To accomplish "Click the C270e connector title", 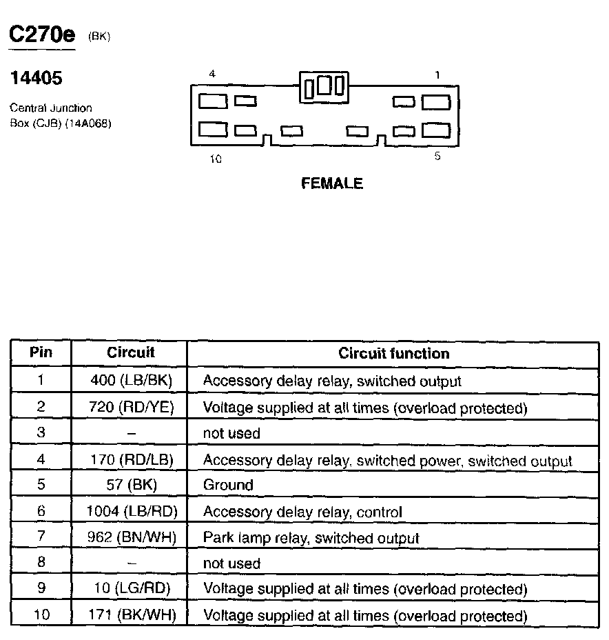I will pos(41,36).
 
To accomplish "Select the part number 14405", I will pos(36,78).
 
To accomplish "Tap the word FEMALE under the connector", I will pos(332,183).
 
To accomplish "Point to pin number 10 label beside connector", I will pos(216,159).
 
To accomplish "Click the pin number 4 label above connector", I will pos(212,74).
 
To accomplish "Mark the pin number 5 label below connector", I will pos(437,157).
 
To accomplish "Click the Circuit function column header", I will pos(393,354).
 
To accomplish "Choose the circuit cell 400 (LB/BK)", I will pos(131,381).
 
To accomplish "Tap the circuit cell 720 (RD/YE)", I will pos(131,408).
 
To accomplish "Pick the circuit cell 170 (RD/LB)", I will pos(131,460).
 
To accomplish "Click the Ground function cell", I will pos(228,485).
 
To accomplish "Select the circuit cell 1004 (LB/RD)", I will pos(131,512).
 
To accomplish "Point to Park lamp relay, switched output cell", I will pos(311,537).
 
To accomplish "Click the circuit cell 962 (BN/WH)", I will pos(131,537).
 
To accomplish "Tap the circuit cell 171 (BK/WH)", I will pos(131,615).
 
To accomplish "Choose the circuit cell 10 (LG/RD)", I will pos(131,589).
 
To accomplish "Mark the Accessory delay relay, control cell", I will pos(302,512).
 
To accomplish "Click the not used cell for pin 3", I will pos(231,433).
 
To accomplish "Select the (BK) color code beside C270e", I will pos(99,38).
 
